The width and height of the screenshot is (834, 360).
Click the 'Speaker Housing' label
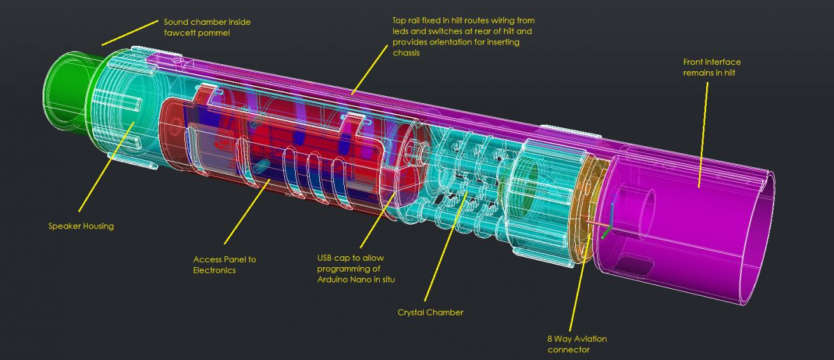click(x=81, y=226)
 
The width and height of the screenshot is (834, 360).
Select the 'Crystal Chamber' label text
click(x=430, y=312)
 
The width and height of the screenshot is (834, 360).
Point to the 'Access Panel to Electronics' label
click(x=225, y=265)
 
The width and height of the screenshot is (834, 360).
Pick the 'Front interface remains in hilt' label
click(x=711, y=67)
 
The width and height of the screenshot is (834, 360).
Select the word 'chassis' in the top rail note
click(x=406, y=53)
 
